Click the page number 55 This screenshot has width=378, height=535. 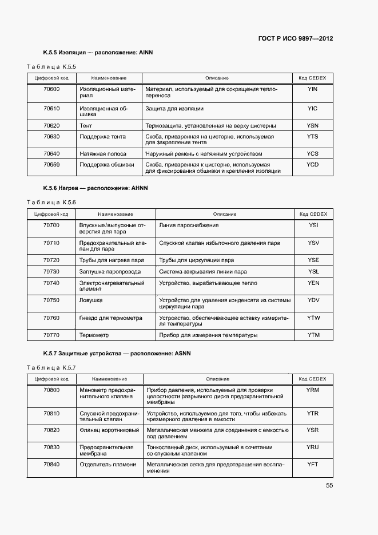[329, 485]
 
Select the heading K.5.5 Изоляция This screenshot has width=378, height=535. [98, 53]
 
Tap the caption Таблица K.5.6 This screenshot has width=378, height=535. [51, 203]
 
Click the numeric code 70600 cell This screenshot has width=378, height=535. [51, 89]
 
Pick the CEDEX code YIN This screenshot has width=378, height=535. [312, 89]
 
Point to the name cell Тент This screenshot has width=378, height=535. [86, 125]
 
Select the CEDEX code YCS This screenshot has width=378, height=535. [312, 154]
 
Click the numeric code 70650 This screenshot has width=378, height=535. [51, 165]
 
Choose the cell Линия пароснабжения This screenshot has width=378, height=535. [189, 225]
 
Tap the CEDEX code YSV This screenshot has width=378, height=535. [313, 243]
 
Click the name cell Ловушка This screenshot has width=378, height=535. [91, 300]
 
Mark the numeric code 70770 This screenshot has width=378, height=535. [51, 335]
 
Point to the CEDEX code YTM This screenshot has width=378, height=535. [313, 335]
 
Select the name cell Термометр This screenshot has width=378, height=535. [94, 335]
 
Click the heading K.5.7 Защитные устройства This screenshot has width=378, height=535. [117, 354]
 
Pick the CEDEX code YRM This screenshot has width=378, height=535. [312, 390]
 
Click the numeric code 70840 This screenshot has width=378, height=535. [51, 464]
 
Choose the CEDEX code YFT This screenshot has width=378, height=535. [312, 464]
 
